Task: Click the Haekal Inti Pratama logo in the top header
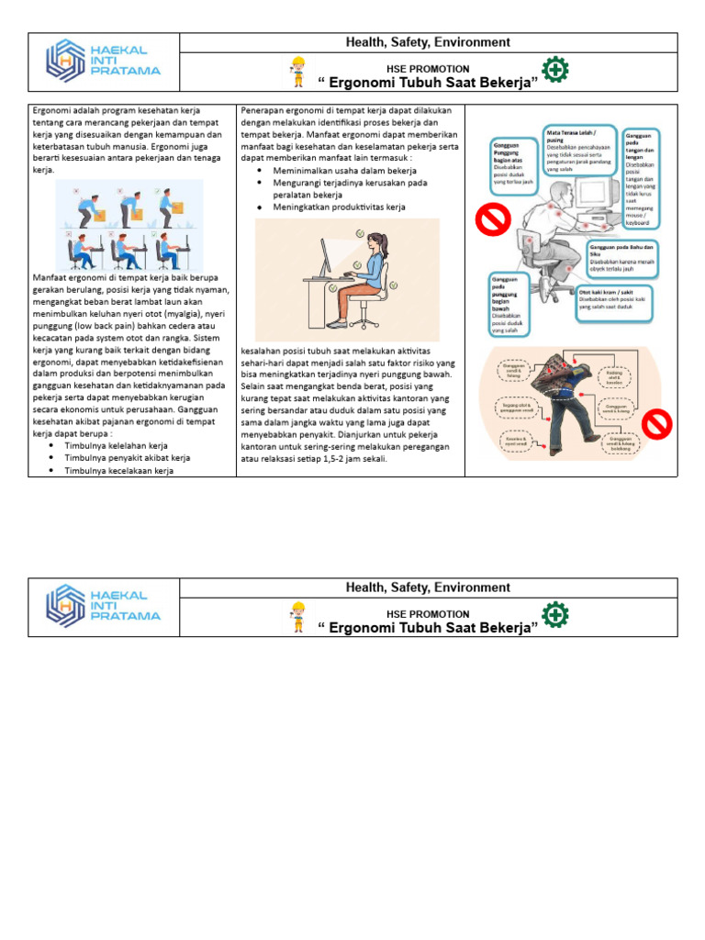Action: click(x=103, y=59)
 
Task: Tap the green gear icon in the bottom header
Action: click(x=554, y=615)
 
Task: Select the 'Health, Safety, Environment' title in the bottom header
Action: click(x=427, y=587)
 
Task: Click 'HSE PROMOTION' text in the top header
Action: click(x=428, y=69)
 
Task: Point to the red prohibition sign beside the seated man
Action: click(x=492, y=220)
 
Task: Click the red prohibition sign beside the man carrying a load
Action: click(x=656, y=423)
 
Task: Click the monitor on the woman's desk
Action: click(x=326, y=256)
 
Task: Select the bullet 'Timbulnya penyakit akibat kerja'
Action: click(x=127, y=457)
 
